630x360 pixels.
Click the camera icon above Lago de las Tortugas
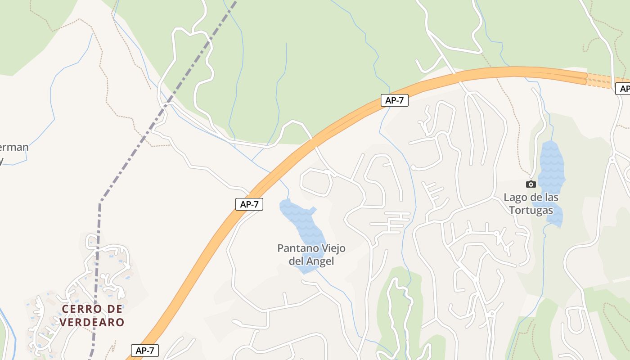(531, 184)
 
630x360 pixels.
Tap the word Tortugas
(531, 210)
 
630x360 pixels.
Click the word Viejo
(333, 248)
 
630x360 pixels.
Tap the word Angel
(320, 261)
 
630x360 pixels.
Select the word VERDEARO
(92, 322)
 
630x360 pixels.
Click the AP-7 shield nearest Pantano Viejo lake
(249, 204)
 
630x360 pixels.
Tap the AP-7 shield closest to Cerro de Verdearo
(145, 351)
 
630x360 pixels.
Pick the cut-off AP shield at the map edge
(623, 89)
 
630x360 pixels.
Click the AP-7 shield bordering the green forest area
(394, 100)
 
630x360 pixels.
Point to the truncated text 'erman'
(13, 147)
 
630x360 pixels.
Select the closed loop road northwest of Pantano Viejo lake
(316, 182)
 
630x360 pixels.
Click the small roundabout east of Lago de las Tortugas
(612, 159)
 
